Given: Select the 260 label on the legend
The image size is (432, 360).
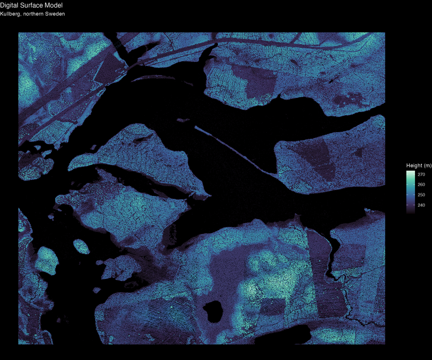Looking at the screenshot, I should point(421,185).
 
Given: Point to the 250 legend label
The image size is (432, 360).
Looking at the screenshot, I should point(421,195).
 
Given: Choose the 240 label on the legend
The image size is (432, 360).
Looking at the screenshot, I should point(421,205).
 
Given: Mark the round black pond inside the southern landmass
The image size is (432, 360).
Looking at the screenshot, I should point(212,310).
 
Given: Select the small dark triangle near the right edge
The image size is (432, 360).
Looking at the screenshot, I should point(359,152).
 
